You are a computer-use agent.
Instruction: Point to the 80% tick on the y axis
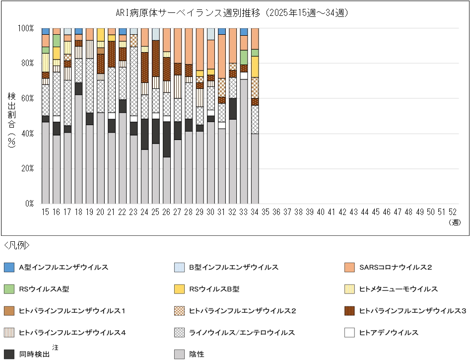click(26, 63)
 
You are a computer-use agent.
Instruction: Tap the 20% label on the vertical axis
click(26, 168)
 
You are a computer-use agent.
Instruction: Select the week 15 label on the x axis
click(45, 212)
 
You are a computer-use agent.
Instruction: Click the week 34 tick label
click(255, 212)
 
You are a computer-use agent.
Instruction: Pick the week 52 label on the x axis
click(453, 212)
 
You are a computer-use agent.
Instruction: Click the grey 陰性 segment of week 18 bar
click(78, 149)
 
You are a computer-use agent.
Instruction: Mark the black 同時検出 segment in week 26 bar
click(167, 140)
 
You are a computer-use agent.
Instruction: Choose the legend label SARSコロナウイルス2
click(395, 268)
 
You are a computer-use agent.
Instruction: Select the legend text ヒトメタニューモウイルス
click(398, 289)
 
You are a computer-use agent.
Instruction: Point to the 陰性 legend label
click(197, 354)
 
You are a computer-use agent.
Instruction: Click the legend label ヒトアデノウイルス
click(389, 332)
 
